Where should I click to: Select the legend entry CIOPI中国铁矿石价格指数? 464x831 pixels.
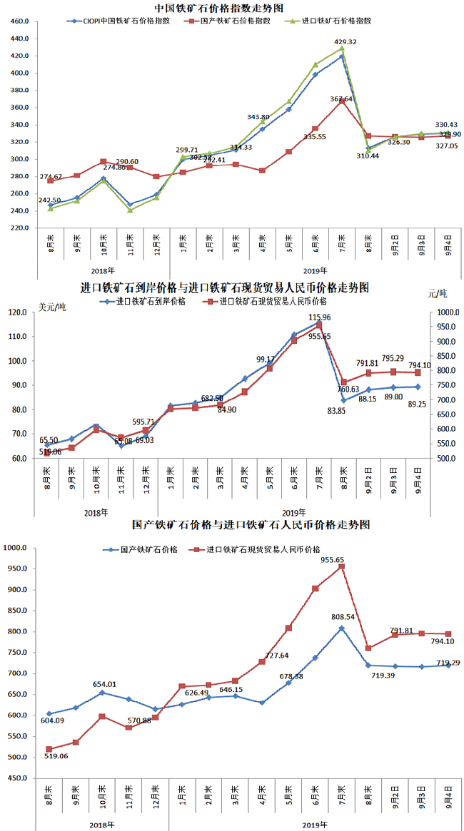click(x=122, y=21)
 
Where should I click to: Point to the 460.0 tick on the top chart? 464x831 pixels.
click(x=19, y=21)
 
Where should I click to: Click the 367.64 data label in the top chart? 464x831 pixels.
click(x=342, y=99)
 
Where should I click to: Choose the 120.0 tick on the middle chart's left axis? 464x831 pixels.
click(x=17, y=312)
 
